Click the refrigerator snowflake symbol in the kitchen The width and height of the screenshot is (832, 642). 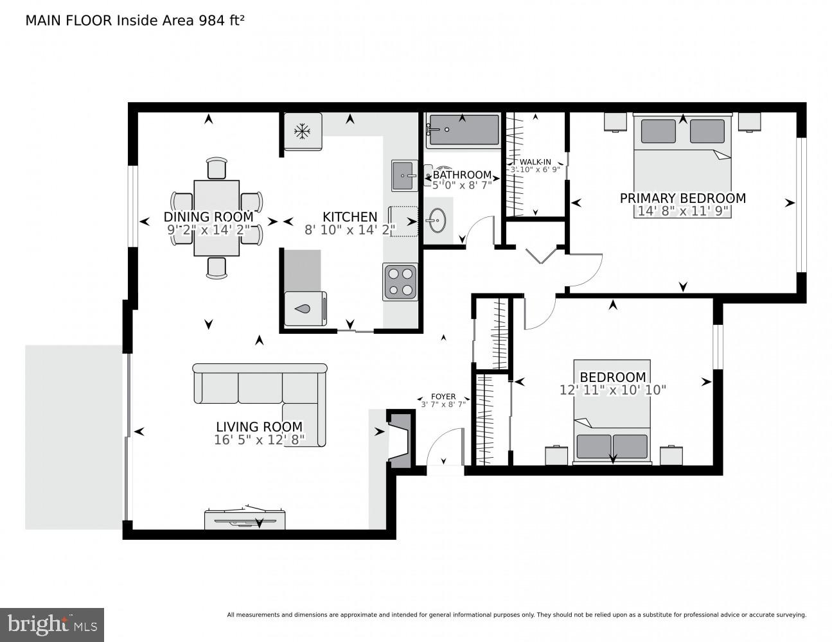coord(302,132)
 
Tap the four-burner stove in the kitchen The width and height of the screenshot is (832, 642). coord(399,281)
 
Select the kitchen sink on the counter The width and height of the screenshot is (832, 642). coord(404,175)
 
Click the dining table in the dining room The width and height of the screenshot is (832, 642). coord(217,218)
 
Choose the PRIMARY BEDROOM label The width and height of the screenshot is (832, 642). coord(682,198)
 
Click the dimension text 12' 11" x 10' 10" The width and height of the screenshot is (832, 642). coord(612,390)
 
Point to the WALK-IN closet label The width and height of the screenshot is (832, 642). coord(535,162)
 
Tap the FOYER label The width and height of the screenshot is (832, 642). coord(443,397)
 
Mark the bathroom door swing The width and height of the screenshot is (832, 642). coord(479,230)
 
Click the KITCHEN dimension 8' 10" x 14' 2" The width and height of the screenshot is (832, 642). coord(350,229)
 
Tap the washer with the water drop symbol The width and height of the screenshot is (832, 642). coord(305,309)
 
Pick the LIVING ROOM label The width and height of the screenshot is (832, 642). coord(259,426)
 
